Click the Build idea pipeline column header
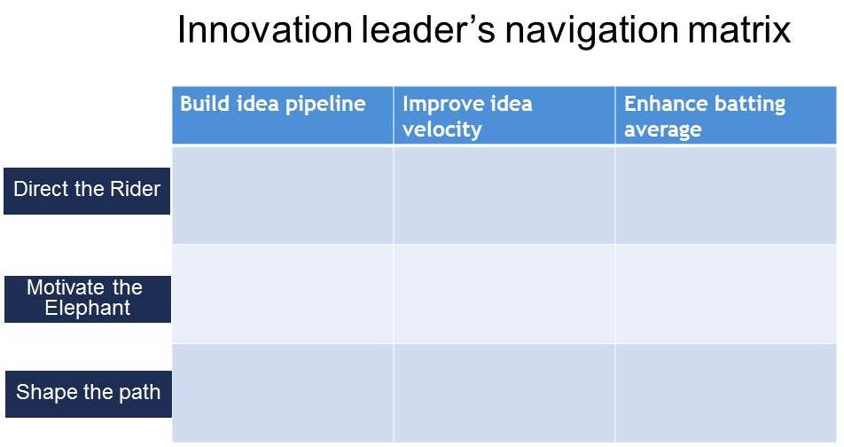coord(273,104)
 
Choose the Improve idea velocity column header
coord(467,116)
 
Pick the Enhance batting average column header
coord(705,116)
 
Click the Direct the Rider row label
coord(87,189)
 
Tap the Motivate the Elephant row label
coord(87,298)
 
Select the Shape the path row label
coord(88,392)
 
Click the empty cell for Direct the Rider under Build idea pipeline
coord(283,195)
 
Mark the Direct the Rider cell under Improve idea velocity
coord(504,195)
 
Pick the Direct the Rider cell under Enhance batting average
coord(725,195)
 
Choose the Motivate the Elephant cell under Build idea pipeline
coord(283,294)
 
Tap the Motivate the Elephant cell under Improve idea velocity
coord(504,294)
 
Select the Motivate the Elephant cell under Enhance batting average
coord(725,294)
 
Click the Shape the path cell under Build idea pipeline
coord(283,393)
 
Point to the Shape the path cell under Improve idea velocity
coord(504,393)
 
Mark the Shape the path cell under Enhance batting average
coord(725,393)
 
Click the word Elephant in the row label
coord(88,309)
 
